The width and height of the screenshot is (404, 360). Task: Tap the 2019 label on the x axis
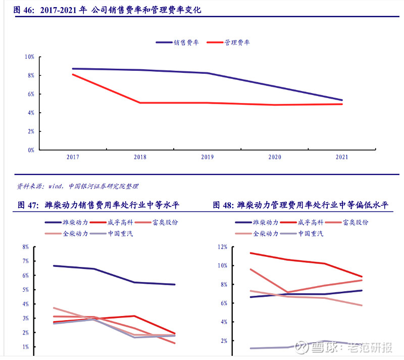point(208,157)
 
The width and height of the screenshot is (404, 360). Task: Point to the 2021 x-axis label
point(342,157)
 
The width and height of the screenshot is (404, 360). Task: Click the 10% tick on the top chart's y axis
point(29,57)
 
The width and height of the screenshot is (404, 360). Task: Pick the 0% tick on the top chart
point(31,150)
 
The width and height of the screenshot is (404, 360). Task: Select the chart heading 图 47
point(28,205)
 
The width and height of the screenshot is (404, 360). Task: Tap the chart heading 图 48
point(223,205)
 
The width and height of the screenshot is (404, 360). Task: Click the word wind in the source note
point(56,187)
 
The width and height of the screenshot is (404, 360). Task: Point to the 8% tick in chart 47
point(25,247)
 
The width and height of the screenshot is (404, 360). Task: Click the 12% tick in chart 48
point(223,247)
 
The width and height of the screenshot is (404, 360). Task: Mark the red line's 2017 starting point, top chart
point(73,74)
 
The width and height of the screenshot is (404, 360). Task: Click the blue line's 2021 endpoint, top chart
point(342,100)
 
